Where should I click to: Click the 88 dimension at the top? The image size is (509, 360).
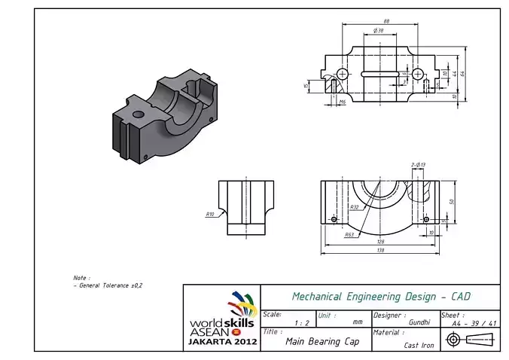point(386,20)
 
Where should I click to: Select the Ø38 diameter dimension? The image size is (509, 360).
point(378,31)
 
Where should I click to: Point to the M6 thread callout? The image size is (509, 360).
point(342,102)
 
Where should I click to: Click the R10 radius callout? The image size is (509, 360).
point(210,214)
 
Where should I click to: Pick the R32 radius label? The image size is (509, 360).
point(354,206)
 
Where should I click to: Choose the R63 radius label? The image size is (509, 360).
point(349,235)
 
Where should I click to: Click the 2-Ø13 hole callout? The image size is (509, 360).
point(419,164)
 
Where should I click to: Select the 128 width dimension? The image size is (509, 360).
point(380,242)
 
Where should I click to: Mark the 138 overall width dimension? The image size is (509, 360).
point(380,251)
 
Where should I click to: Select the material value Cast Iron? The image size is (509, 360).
point(419,345)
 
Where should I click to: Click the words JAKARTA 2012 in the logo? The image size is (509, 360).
point(222,341)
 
